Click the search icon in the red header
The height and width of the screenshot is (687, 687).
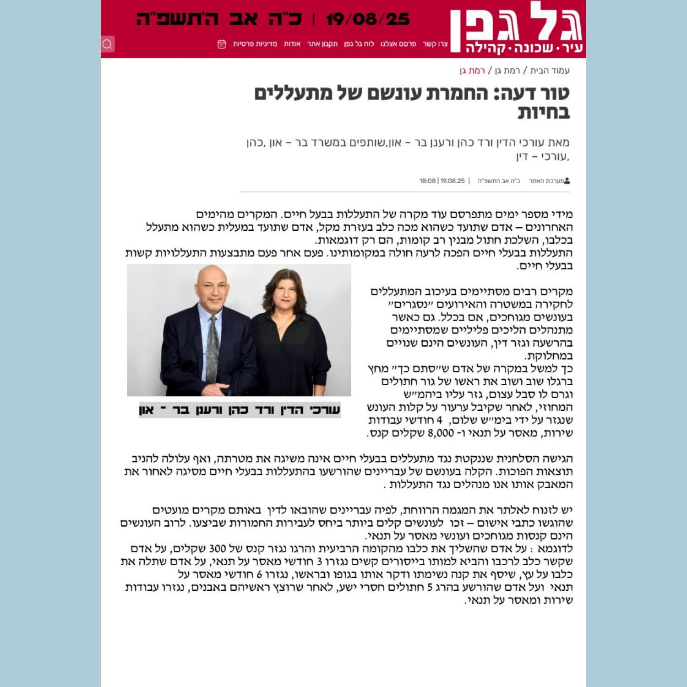(x=108, y=44)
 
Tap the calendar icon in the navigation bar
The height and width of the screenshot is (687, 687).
(x=222, y=44)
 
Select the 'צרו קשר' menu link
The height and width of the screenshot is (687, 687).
(x=435, y=44)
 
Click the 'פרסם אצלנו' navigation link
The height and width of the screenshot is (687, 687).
(x=398, y=44)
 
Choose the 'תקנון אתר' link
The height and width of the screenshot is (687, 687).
(x=322, y=44)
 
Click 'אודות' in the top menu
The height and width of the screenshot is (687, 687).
(x=292, y=44)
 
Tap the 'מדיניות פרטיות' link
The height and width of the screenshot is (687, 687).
(x=255, y=44)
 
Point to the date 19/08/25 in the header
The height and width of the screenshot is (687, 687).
(x=368, y=19)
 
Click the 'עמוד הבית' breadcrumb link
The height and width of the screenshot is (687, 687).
(x=550, y=71)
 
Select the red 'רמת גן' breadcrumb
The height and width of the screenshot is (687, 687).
(x=472, y=71)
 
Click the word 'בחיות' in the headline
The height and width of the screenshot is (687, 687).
(x=544, y=112)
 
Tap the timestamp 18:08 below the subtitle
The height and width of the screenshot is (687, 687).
(x=427, y=181)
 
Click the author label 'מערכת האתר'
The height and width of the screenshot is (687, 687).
(x=547, y=181)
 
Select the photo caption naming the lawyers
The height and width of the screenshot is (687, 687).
(x=240, y=409)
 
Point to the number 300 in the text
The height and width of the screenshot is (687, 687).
(x=218, y=549)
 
